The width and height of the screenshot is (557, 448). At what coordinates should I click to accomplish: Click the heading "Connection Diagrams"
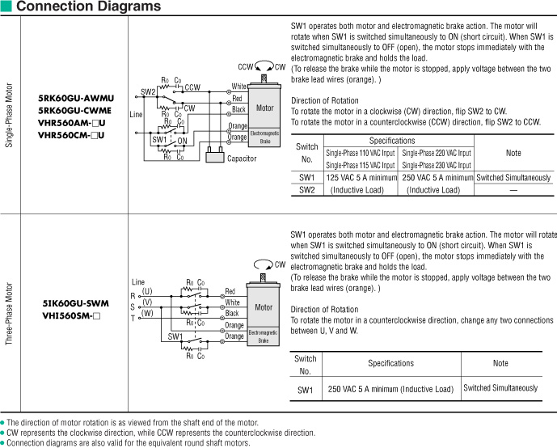point(88,7)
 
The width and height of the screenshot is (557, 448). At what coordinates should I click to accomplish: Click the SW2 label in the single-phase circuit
point(148,92)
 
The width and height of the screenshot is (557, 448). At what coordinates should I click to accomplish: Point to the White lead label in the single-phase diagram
point(239,86)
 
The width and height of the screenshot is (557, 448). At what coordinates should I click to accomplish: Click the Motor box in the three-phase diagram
point(264,307)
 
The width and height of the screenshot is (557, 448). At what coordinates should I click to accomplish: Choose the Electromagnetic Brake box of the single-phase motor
point(264,136)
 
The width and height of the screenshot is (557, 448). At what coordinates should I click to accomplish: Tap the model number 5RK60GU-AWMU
point(76,99)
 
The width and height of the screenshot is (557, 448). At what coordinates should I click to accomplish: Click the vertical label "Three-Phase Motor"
point(9,315)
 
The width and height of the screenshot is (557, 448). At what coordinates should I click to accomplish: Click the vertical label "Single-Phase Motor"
point(9,113)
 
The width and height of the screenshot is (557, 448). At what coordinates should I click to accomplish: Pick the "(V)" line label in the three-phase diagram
point(147,302)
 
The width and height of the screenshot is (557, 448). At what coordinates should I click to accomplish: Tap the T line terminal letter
point(133,318)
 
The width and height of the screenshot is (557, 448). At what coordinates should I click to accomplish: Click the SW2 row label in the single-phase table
point(306,189)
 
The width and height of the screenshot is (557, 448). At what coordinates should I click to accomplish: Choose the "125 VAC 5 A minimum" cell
point(361,177)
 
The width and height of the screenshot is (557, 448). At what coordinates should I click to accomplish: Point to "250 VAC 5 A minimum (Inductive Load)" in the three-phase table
point(390,389)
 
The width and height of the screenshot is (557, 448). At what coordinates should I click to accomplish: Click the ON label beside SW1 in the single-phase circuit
point(182,140)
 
